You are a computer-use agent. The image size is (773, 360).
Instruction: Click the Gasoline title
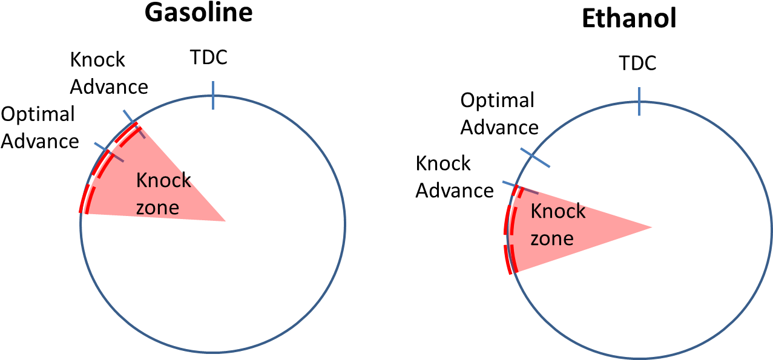(199, 13)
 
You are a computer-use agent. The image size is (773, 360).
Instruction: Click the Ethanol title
(629, 18)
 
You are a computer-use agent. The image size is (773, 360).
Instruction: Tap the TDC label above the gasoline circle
(209, 57)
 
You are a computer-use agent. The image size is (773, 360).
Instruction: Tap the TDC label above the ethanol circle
(638, 63)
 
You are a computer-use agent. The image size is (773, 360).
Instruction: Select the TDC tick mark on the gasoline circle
(213, 96)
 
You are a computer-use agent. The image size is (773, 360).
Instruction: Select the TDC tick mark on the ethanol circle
(639, 102)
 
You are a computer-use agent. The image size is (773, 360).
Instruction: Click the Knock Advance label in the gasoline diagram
(109, 73)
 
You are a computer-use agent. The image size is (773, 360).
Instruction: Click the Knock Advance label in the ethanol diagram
(455, 177)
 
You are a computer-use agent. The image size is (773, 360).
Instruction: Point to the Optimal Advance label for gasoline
(40, 128)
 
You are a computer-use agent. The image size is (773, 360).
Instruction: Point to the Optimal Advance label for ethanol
(499, 114)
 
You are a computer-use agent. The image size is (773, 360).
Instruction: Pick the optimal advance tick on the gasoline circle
(109, 152)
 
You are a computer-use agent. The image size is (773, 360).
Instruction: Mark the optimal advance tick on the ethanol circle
(535, 157)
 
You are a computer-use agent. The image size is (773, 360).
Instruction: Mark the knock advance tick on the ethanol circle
(520, 188)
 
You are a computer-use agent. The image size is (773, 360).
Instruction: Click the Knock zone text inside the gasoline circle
(163, 194)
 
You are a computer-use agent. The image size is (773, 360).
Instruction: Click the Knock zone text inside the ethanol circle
(558, 224)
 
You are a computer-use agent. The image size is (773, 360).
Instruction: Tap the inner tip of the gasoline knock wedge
(225, 221)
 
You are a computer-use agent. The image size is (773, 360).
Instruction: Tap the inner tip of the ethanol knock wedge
(651, 227)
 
